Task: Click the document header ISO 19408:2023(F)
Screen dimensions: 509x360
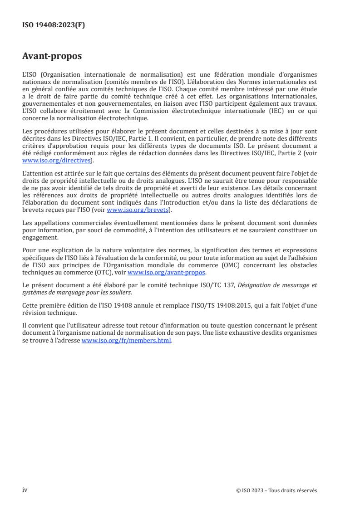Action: pyautogui.click(x=54, y=25)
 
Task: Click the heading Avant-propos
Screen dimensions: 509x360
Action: pyautogui.click(x=52, y=56)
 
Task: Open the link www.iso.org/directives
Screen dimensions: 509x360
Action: pyautogui.click(x=57, y=160)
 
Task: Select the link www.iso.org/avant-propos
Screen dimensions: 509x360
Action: pyautogui.click(x=167, y=273)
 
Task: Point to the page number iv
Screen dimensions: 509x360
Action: pyautogui.click(x=25, y=490)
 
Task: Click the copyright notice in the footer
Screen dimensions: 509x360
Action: pyautogui.click(x=276, y=490)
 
